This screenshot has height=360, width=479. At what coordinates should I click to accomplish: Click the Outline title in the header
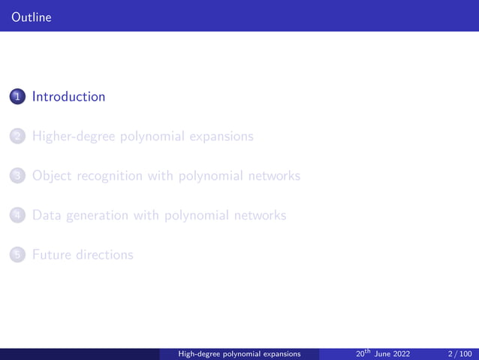coord(26,15)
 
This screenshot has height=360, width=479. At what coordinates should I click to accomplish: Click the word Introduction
coord(69,97)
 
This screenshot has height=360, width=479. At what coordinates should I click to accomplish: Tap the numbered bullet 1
coord(17,97)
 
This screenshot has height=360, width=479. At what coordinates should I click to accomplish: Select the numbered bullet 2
coord(17,137)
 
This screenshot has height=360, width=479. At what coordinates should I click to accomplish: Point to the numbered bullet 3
coord(17,176)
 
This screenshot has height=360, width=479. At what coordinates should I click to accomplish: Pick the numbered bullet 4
coord(17,216)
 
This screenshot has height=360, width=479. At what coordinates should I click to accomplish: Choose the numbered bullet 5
coord(17,255)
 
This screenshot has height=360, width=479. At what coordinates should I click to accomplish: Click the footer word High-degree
coord(198,353)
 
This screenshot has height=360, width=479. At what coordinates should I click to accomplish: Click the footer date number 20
coord(360,353)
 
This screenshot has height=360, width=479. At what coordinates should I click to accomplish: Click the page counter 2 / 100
coord(459,353)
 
